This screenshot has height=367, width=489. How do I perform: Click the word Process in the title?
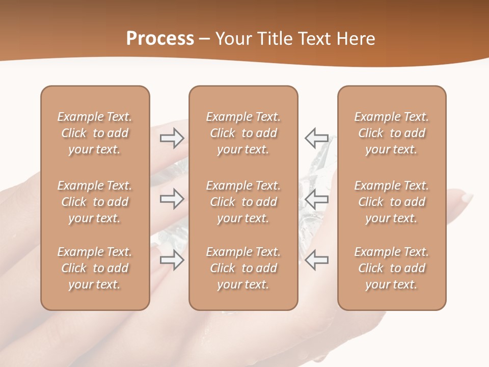tap(160, 39)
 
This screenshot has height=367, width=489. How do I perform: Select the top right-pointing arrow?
tap(172, 138)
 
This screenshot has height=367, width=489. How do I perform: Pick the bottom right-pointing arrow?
tap(172, 260)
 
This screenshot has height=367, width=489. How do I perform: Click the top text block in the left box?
tap(95, 133)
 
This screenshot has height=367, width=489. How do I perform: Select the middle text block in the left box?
tap(95, 202)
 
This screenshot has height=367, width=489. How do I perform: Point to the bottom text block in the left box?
tap(95, 268)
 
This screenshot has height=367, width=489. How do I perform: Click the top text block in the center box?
tap(243, 133)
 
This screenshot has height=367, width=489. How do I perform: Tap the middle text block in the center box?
tap(243, 202)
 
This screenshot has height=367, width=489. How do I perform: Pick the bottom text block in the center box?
tap(243, 268)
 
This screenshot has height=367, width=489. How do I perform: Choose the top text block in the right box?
tap(392, 133)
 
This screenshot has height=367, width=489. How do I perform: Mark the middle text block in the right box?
tap(392, 202)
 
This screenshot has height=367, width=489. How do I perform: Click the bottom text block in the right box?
tap(392, 268)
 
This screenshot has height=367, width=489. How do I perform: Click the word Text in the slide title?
tap(313, 39)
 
